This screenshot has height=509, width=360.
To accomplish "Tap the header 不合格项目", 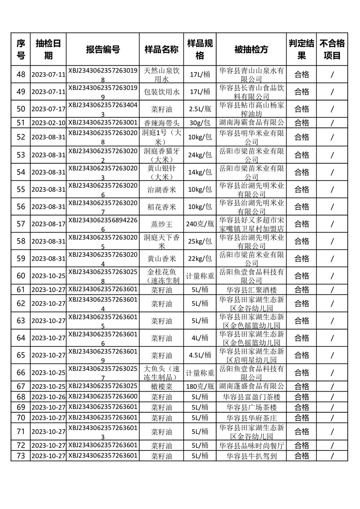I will [332, 49].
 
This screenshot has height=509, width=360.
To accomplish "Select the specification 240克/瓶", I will [200, 224].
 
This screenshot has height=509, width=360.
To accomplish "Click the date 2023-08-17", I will [49, 224].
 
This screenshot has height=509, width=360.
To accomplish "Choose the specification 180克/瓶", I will [200, 386].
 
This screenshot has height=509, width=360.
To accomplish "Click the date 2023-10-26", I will [49, 396].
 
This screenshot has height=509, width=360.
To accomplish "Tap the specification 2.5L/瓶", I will [200, 109].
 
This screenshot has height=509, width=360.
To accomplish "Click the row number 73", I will [20, 455].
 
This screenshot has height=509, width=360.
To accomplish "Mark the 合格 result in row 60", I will [302, 275].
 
